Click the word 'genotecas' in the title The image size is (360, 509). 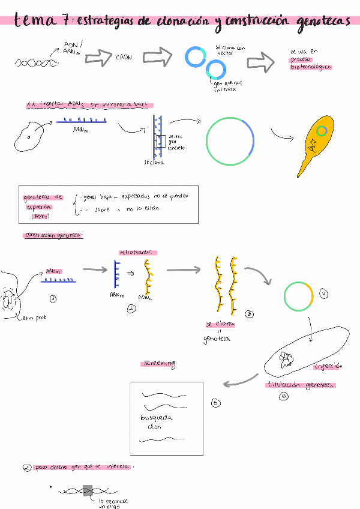click(x=323, y=22)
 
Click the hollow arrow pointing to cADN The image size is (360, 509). click(x=99, y=58)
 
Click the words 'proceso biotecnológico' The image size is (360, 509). click(x=311, y=63)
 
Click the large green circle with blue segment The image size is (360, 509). click(x=231, y=141)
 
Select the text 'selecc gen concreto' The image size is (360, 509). click(x=176, y=142)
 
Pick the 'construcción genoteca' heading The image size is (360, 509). click(x=53, y=235)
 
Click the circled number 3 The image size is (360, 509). click(x=250, y=314)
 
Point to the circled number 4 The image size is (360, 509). click(x=324, y=294)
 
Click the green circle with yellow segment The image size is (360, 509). click(x=298, y=296)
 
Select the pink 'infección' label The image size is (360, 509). click(x=327, y=366)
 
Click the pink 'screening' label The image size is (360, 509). click(x=158, y=364)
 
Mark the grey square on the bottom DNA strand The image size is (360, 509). click(x=88, y=490)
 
